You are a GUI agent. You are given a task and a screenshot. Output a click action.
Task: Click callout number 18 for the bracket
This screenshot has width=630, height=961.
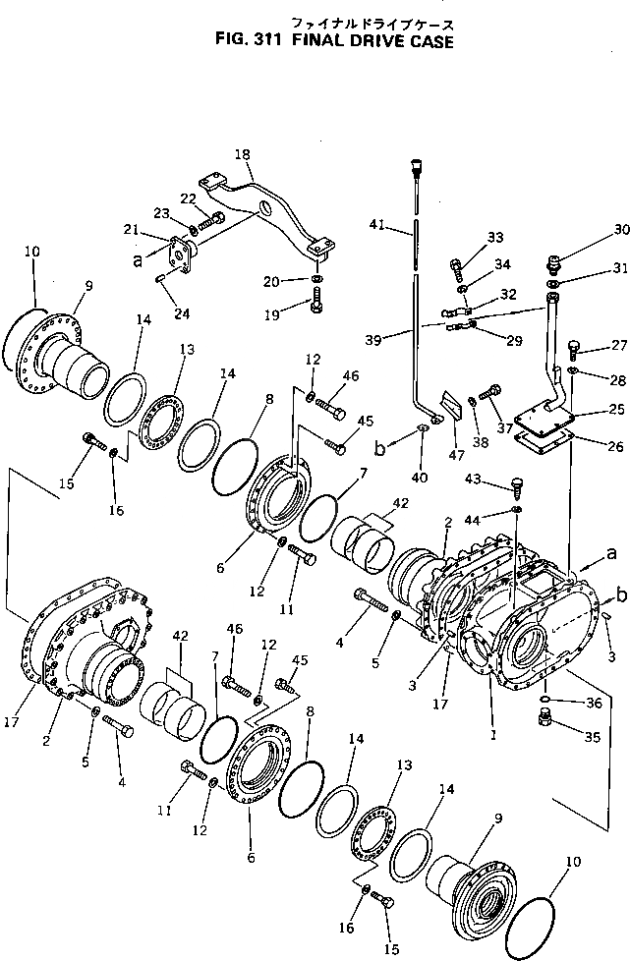[243, 154]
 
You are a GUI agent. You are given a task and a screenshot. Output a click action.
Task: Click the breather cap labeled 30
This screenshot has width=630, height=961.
[554, 263]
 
